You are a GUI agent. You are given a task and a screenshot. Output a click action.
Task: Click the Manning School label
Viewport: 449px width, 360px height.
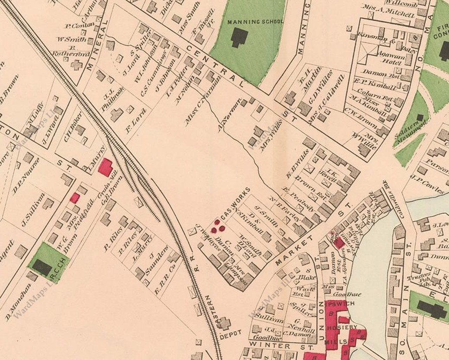pos(256,21)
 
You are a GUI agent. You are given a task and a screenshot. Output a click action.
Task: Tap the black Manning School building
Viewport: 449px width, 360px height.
pos(239,37)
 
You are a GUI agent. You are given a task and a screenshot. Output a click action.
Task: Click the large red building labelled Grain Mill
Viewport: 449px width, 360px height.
pos(105,167)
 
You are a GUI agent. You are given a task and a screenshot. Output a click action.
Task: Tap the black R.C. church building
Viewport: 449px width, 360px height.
pos(42,267)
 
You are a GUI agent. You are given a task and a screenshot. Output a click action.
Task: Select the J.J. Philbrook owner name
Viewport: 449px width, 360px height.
pos(107,99)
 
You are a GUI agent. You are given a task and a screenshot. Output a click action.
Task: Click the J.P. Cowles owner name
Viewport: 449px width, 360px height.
pos(428,183)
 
